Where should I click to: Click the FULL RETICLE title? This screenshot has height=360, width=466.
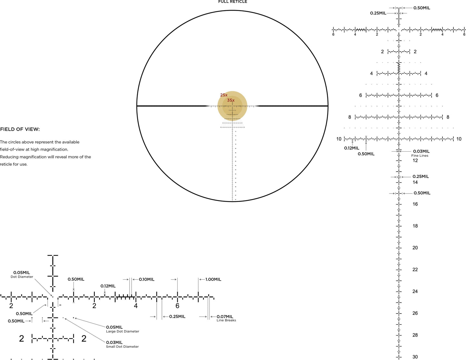click(233, 2)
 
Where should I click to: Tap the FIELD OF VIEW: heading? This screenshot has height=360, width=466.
click(20, 129)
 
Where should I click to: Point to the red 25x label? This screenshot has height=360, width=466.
click(224, 95)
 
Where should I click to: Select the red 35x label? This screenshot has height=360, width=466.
click(231, 100)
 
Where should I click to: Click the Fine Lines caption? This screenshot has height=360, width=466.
click(420, 156)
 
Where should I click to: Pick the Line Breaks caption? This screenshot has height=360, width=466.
click(226, 320)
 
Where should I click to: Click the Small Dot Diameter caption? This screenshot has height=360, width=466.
click(123, 347)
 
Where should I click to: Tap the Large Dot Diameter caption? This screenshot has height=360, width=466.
click(123, 332)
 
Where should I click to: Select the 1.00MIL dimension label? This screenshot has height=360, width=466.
click(213, 279)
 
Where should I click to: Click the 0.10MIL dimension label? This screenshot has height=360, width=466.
click(147, 279)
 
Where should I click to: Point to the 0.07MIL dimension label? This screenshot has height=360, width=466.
click(225, 316)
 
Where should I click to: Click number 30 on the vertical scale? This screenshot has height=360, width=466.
click(415, 357)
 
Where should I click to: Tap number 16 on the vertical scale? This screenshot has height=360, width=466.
click(415, 204)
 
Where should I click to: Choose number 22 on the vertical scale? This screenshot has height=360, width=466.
click(415, 270)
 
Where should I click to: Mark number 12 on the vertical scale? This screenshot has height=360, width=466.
click(415, 161)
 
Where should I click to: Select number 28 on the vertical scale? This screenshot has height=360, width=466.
click(415, 335)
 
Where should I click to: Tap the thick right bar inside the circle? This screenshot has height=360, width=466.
click(292, 106)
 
